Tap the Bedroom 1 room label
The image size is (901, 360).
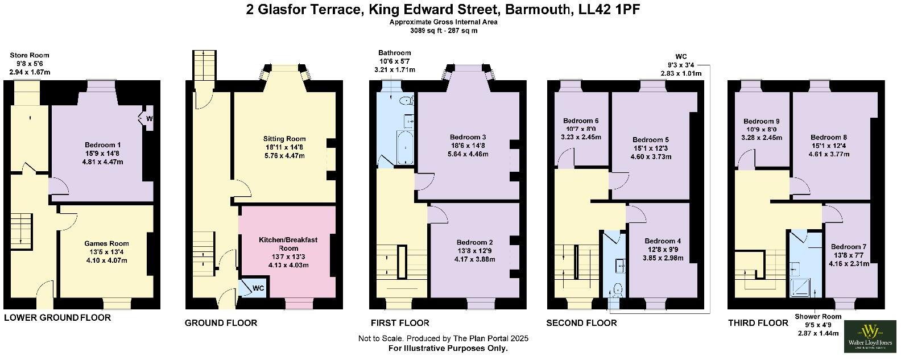coord(103,144)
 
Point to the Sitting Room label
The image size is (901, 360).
coord(284,139)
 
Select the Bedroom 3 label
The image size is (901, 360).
coord(468,137)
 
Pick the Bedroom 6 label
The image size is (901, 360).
coord(581,121)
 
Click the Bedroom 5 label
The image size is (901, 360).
coord(651,139)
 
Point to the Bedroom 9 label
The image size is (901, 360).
coord(762,121)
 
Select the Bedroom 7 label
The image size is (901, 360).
coord(849,246)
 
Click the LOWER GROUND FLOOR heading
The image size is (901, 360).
coord(57,317)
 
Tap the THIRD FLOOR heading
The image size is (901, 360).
coord(758,322)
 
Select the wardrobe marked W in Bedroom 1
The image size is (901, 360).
coord(148,119)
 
